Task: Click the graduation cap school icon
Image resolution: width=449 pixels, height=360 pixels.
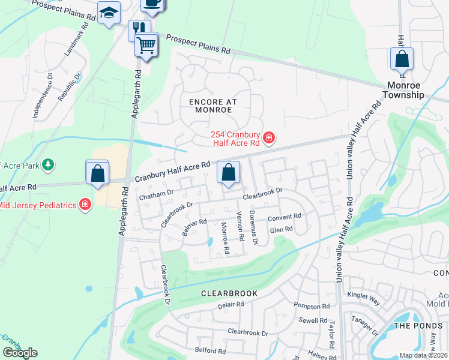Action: pos(109,12)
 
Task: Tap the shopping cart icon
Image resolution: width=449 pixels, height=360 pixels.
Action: pos(146,44)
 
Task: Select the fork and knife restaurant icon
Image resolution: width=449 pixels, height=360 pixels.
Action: pos(139,28)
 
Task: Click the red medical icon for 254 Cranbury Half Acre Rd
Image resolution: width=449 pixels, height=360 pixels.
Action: pos(270,139)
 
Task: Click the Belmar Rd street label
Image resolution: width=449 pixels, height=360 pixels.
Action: pos(194,226)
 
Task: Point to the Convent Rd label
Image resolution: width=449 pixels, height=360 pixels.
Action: pos(284,217)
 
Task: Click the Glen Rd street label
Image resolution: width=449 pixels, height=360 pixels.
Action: pos(281,229)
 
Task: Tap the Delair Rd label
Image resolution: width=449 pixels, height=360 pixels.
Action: pos(230,305)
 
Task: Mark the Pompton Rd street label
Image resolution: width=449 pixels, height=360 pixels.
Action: pos(312,306)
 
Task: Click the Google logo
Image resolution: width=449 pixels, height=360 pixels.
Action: pos(20,353)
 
